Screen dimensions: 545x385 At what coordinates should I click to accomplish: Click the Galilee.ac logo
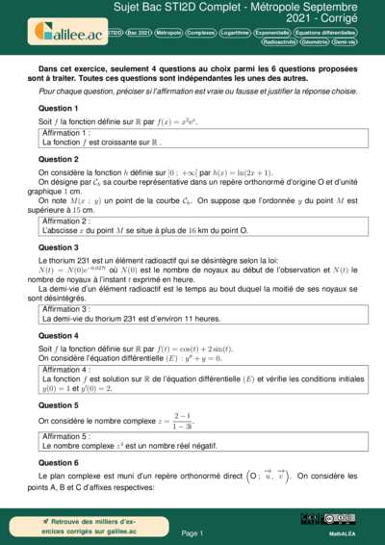point(66,31)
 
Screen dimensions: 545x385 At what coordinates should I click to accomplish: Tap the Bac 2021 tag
point(139,32)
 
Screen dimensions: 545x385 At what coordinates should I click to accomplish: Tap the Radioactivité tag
point(279,42)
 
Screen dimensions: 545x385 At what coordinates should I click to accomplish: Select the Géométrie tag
point(316,42)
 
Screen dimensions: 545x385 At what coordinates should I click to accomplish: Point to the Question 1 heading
point(59,109)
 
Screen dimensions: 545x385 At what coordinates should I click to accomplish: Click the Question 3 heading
point(59,247)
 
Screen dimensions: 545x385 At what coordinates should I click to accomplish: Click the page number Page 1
point(192,532)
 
